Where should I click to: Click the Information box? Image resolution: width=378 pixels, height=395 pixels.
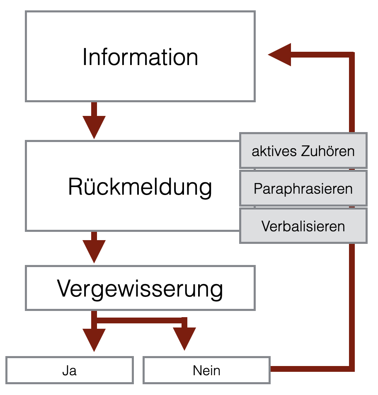coord(140,57)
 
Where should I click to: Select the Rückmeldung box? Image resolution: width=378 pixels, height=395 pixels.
coord(133,186)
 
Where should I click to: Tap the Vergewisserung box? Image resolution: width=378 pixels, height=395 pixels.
coord(140,288)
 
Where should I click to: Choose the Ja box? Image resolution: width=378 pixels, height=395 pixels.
coord(70,370)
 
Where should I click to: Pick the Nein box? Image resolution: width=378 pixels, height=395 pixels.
coord(206,370)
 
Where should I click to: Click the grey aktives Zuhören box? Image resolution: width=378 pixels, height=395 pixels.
coord(303,151)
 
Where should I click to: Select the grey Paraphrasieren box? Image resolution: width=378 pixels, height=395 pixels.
coord(303,189)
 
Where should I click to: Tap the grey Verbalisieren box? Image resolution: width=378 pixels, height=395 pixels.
coord(303,226)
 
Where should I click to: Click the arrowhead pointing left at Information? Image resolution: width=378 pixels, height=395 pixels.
coord(280,55)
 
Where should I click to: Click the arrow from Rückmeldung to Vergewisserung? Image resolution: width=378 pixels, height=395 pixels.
coord(94,248)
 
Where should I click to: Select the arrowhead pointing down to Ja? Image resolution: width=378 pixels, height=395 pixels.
coord(94,340)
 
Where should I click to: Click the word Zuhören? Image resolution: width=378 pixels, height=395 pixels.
coord(331,151)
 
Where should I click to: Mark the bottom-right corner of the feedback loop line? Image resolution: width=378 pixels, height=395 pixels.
coord(351,369)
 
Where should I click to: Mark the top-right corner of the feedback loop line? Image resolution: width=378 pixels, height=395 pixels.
coord(351,55)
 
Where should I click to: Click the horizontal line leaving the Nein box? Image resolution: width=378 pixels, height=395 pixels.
coord(311,369)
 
